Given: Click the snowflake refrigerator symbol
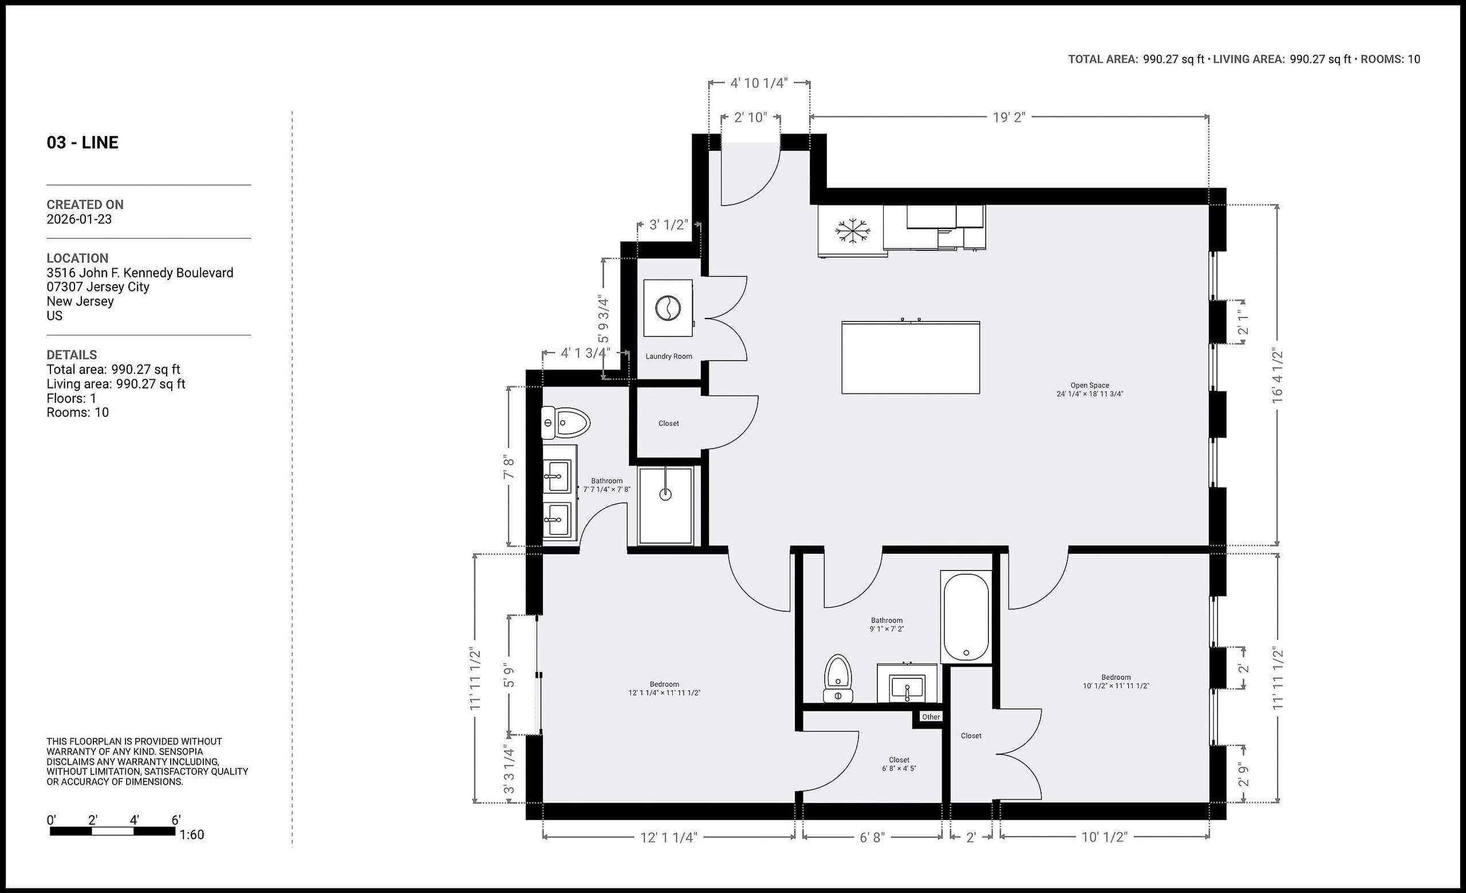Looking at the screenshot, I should [x=852, y=231].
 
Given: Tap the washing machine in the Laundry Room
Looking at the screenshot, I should [x=668, y=308].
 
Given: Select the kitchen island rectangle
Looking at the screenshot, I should [x=911, y=357].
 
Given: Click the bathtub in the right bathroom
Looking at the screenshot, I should [x=965, y=617].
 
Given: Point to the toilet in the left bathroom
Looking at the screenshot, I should [x=565, y=424].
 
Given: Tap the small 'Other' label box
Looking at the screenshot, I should [x=931, y=717].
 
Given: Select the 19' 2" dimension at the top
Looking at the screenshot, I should [x=1008, y=117].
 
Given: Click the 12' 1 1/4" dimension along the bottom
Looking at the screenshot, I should [x=668, y=837].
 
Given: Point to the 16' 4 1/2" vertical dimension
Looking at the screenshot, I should [x=1278, y=376].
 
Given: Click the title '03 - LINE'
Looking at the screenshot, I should [x=82, y=143].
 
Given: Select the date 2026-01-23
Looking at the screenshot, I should [x=79, y=219].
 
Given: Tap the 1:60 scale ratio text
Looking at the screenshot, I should [x=192, y=835].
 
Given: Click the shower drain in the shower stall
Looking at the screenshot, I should [x=665, y=494].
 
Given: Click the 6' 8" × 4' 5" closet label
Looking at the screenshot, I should [x=898, y=764].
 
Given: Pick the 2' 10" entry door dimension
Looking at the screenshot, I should [x=750, y=118].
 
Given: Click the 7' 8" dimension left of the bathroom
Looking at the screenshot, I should [x=509, y=467].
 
